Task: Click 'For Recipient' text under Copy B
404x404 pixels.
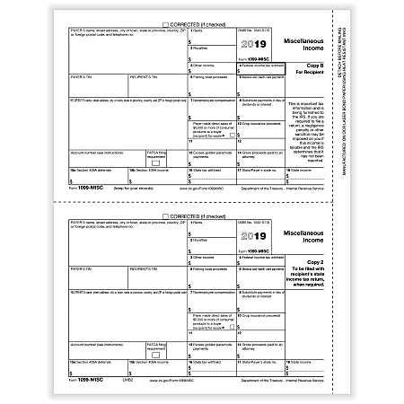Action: pos(321,75)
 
